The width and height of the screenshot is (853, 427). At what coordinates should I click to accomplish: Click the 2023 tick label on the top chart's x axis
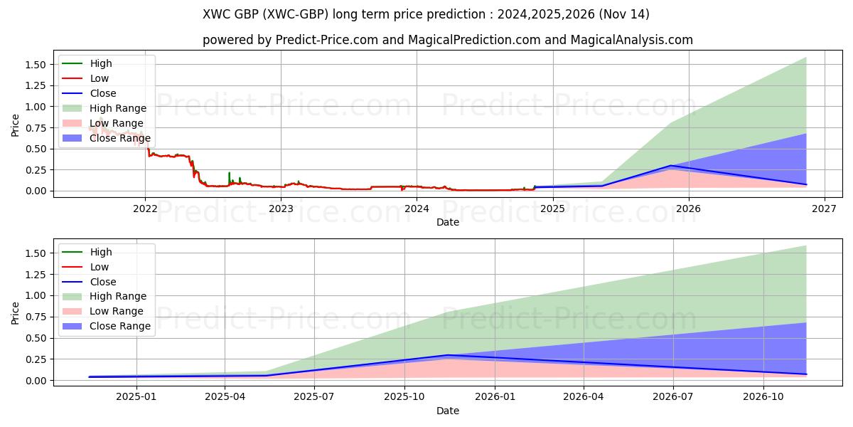(281, 209)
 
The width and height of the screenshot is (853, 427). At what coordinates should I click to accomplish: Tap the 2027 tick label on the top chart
(824, 209)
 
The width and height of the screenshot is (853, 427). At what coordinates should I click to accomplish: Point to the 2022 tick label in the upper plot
(145, 209)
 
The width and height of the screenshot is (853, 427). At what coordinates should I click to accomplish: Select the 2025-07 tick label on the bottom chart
(314, 397)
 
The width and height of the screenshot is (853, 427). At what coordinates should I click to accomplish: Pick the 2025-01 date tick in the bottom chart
(136, 397)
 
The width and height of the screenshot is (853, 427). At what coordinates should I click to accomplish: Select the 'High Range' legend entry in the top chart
(117, 108)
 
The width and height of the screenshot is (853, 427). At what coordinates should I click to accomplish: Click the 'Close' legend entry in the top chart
(103, 93)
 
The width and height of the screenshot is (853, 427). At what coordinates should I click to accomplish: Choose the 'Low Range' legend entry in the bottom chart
(117, 311)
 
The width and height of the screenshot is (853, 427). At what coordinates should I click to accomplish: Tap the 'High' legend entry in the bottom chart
(101, 252)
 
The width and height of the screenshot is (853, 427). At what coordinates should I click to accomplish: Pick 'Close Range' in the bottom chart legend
(119, 326)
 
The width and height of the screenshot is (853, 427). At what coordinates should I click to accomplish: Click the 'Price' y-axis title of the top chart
(15, 125)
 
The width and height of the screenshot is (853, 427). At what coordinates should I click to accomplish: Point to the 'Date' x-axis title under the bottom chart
(448, 411)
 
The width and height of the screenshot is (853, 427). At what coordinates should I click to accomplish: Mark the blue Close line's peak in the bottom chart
(448, 355)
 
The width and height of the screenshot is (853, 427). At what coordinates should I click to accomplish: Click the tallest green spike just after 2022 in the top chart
(229, 173)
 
